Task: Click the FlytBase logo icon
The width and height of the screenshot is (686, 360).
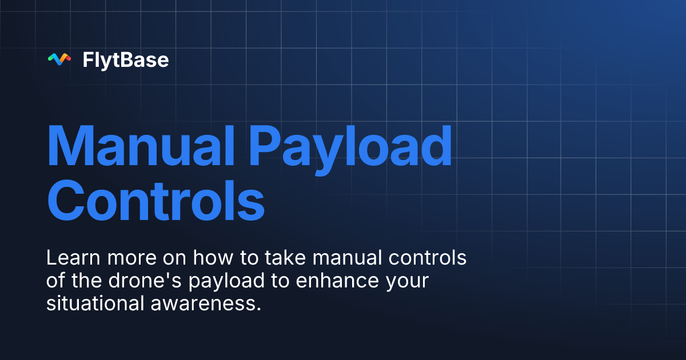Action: coord(59,59)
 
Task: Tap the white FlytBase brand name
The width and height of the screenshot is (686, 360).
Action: coord(126,59)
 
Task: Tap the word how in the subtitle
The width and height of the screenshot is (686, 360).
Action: coord(209,258)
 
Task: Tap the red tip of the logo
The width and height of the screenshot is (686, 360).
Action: coord(67,57)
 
